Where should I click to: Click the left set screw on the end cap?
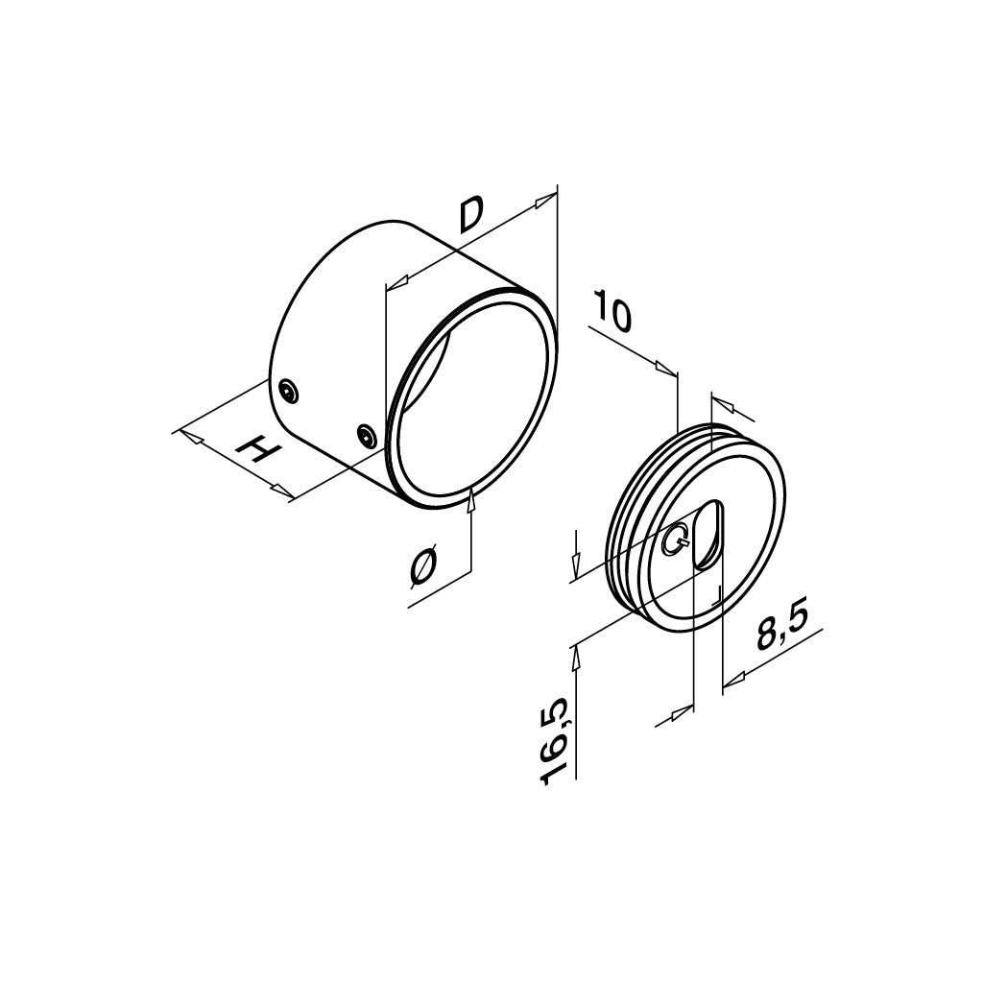tap(287, 390)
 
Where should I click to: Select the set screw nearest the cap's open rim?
tap(365, 436)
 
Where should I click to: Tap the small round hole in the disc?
tap(676, 542)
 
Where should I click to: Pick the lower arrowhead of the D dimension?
tap(396, 283)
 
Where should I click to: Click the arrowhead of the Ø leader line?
tap(470, 500)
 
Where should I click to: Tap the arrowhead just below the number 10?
tap(664, 369)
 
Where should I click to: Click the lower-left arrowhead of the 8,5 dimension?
tap(681, 711)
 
